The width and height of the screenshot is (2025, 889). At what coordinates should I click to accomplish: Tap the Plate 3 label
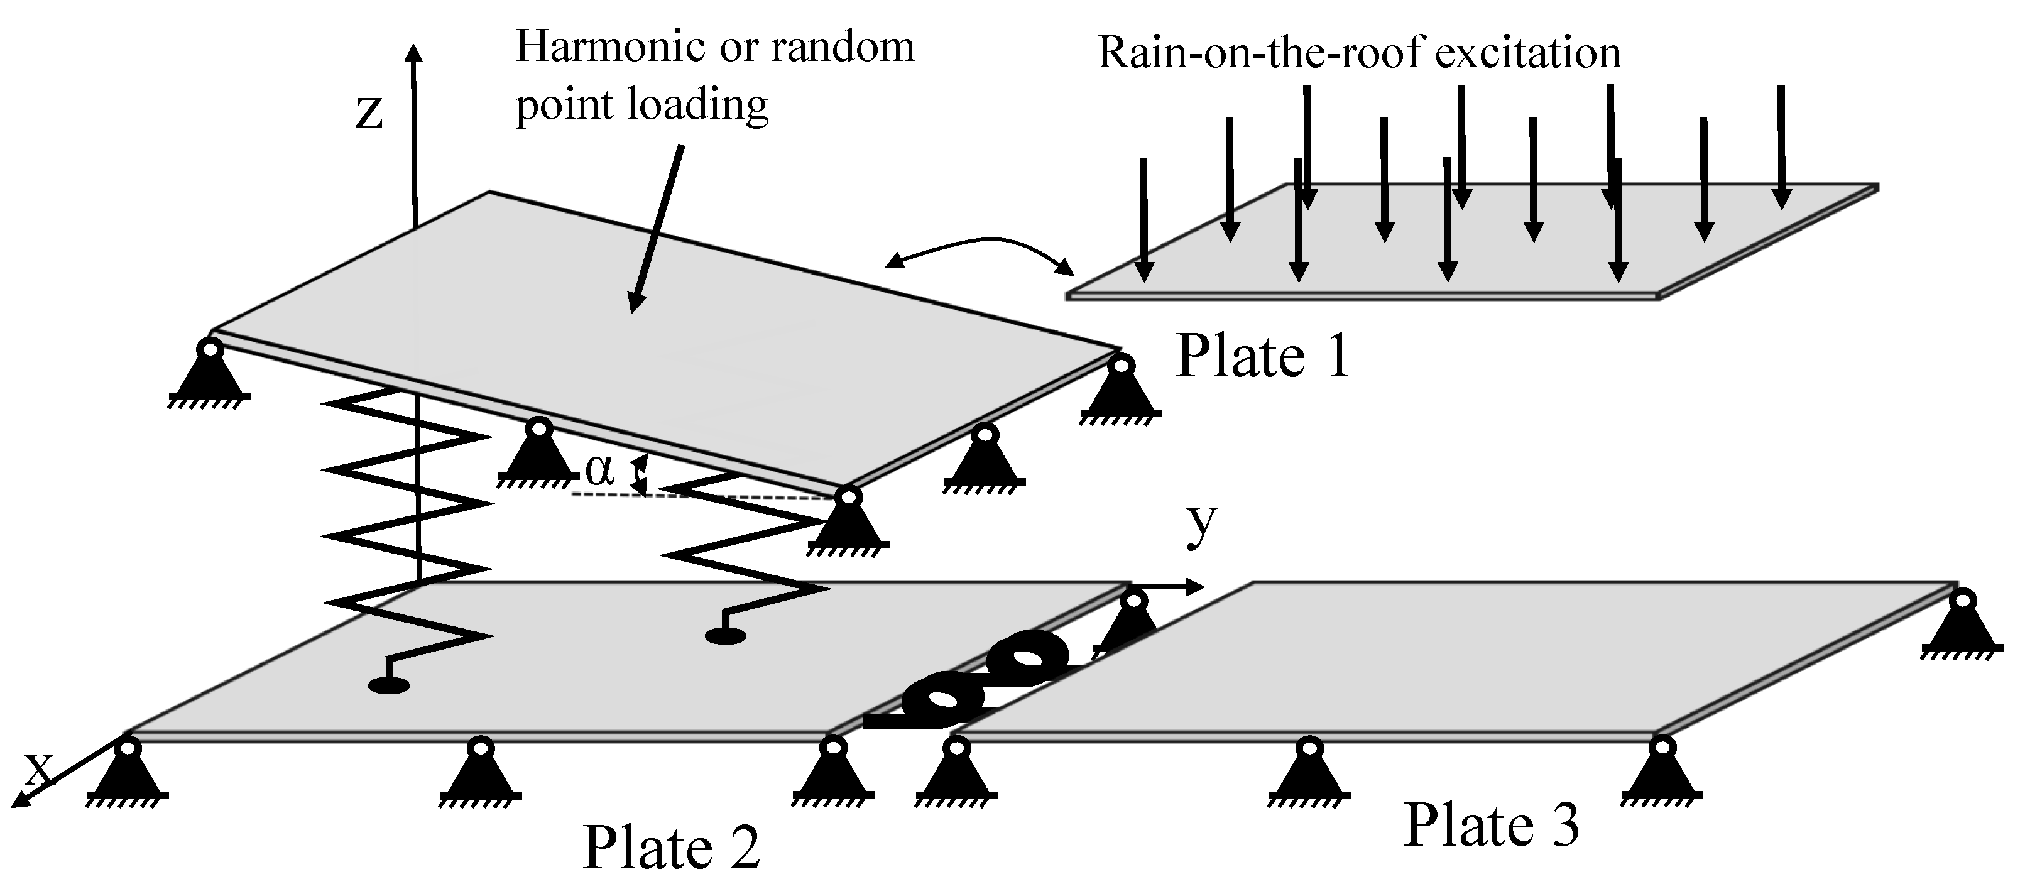click(1491, 826)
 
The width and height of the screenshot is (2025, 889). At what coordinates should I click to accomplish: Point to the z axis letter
click(369, 112)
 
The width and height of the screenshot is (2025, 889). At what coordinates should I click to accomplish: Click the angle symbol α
click(600, 472)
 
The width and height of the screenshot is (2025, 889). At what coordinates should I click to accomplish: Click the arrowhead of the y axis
click(1195, 586)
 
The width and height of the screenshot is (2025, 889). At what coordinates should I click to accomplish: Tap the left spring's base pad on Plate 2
click(388, 686)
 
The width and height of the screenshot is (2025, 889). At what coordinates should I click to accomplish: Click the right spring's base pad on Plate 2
click(725, 636)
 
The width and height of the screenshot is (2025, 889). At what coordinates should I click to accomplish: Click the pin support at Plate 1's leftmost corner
click(210, 371)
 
